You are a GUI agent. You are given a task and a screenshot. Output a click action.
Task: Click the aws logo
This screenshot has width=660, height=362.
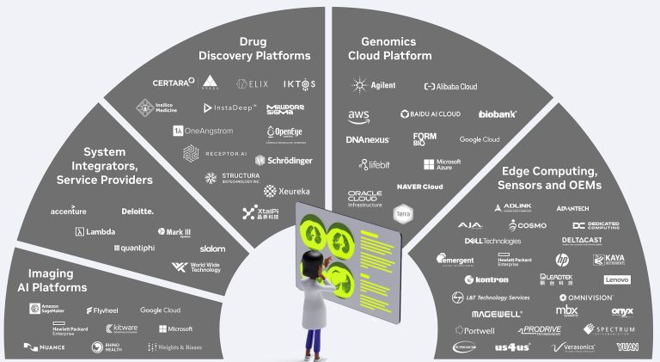(x=358, y=115)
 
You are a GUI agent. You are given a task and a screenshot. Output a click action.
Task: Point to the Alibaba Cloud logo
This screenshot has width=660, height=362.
(x=450, y=87)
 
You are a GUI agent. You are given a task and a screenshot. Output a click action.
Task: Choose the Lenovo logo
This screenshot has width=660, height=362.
(x=617, y=279)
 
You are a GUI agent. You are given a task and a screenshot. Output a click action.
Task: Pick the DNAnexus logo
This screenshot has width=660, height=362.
(x=368, y=139)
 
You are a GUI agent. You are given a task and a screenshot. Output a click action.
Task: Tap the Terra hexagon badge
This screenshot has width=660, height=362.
(x=402, y=212)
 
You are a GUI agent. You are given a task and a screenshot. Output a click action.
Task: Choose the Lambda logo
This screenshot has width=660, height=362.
(x=95, y=231)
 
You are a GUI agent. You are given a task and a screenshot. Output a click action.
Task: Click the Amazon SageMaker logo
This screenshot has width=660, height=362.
(x=46, y=310)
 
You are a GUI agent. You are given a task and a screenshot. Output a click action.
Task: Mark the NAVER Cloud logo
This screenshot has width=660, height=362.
(x=419, y=187)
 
